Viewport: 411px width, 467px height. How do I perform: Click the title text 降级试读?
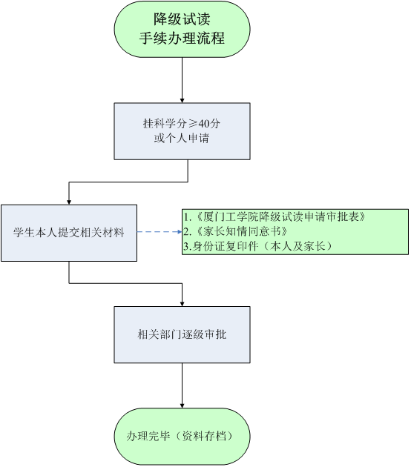click(182, 19)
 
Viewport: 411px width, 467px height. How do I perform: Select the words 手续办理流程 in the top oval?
click(182, 38)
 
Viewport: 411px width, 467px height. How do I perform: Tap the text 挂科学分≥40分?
click(182, 123)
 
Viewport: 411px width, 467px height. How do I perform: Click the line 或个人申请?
click(182, 138)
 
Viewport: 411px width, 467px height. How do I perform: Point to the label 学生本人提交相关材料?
click(69, 233)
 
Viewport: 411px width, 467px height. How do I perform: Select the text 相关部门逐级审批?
click(182, 334)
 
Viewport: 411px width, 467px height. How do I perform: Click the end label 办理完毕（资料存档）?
click(180, 436)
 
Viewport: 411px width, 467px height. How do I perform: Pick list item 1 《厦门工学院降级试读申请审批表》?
click(274, 216)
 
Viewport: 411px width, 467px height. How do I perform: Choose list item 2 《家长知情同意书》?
click(235, 231)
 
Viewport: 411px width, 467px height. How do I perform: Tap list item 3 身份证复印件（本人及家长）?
click(258, 246)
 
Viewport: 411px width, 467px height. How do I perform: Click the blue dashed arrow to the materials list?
click(160, 232)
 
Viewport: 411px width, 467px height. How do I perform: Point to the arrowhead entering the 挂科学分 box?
click(182, 101)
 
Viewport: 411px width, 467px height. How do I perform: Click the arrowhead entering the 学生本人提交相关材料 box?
click(69, 202)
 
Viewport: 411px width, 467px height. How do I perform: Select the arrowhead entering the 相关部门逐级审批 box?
click(182, 304)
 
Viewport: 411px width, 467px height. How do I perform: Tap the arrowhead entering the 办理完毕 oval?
click(182, 405)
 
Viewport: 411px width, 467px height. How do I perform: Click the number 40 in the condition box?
click(204, 123)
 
